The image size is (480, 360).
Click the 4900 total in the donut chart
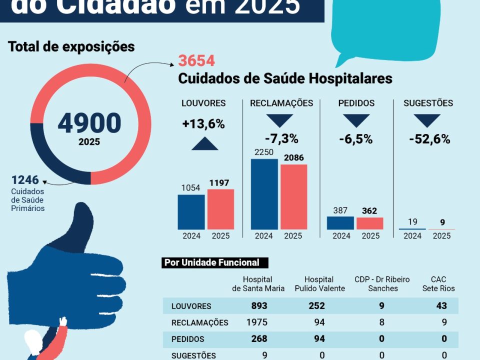point(89,123)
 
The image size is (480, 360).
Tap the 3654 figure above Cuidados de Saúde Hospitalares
point(196,61)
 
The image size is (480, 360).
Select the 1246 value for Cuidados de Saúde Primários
point(25,179)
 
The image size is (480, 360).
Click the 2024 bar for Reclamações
point(264,194)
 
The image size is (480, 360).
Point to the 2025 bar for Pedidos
point(370,223)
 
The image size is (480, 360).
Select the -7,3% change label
point(281,138)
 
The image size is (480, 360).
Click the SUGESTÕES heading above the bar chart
point(428,103)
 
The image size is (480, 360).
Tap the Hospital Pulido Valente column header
point(319,284)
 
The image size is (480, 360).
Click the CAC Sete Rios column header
point(438,284)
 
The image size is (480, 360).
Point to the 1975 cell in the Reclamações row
point(257,322)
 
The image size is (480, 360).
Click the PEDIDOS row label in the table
point(187,339)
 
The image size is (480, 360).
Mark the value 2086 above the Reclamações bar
point(293,157)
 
